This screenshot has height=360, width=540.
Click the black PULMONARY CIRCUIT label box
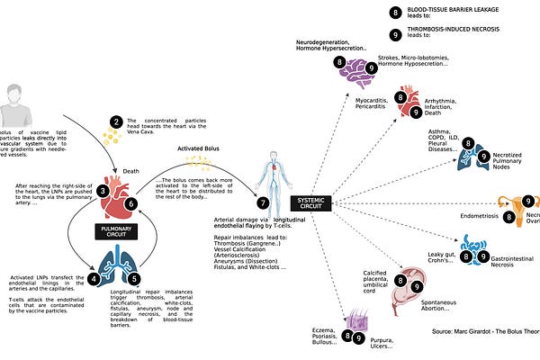point(119,230)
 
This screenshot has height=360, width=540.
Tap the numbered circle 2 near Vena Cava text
point(115,121)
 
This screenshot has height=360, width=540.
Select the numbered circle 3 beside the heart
point(104,191)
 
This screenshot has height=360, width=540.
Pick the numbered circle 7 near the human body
point(263,203)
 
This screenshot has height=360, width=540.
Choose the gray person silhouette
point(17,108)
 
